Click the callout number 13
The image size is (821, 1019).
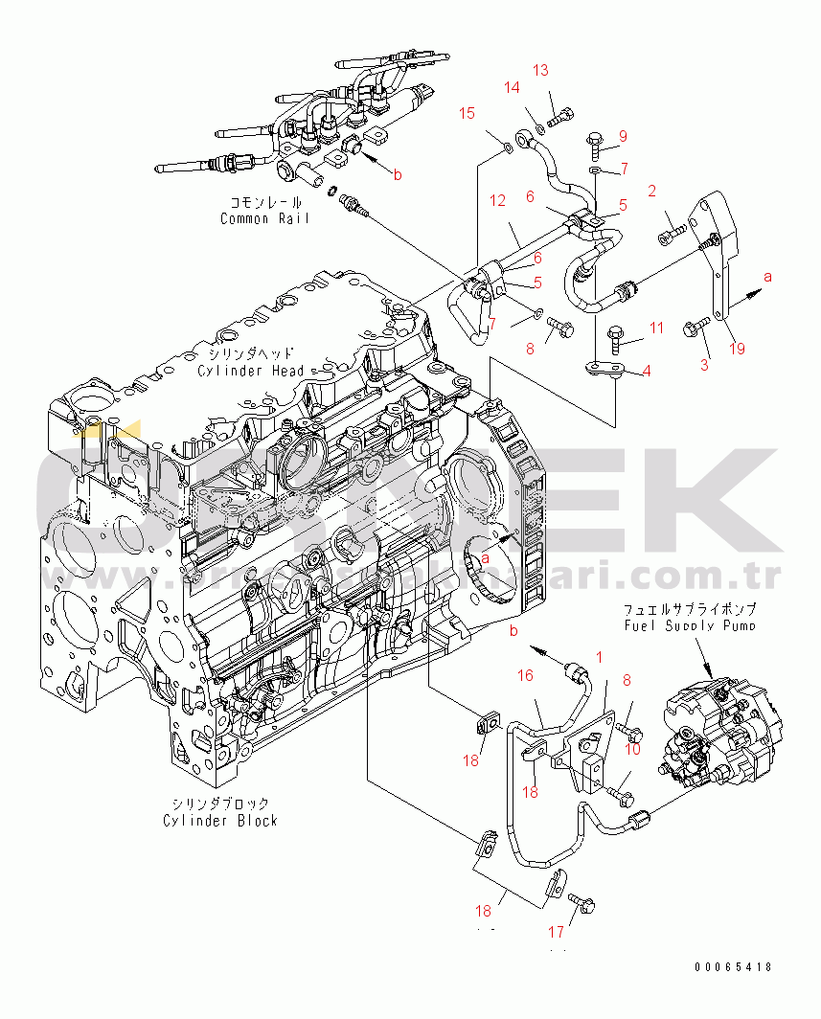541,70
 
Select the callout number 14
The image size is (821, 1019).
513,88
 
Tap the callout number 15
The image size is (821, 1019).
467,114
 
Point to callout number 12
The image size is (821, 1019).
497,201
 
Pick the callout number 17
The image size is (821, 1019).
556,932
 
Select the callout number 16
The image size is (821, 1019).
525,676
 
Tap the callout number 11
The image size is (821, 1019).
655,328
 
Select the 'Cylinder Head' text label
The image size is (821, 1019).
251,371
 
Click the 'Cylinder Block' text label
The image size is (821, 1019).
220,820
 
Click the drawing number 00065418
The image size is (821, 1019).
733,968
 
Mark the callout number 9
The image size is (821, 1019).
622,136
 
